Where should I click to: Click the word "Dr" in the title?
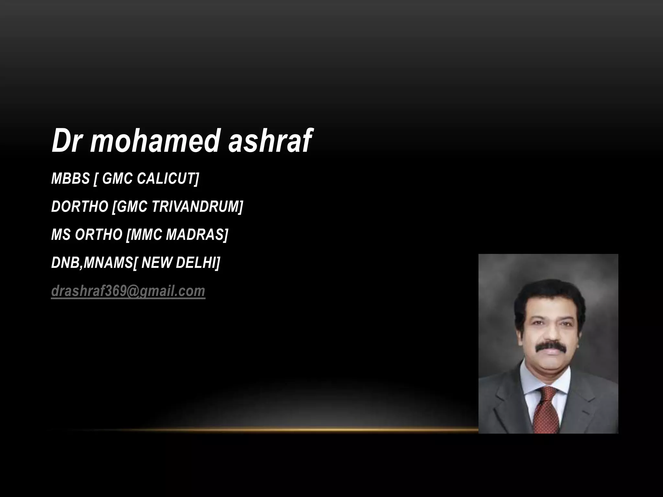(66, 141)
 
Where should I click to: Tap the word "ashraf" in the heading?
(270, 141)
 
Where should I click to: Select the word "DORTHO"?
(79, 207)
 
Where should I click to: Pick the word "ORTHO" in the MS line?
(98, 235)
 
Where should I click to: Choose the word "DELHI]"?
(198, 263)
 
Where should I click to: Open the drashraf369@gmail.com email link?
(128, 291)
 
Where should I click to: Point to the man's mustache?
(549, 347)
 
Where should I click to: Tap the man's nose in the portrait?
(549, 335)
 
